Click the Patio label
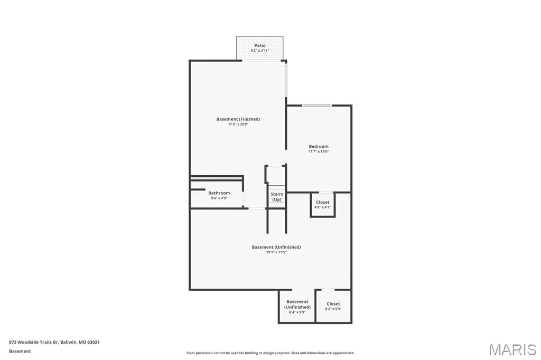[x=260, y=45]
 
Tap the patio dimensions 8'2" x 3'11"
[x=260, y=51]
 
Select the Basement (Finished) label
[x=238, y=119]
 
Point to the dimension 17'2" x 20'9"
[x=238, y=124]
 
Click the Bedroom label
[x=319, y=146]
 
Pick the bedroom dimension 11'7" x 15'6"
[x=319, y=151]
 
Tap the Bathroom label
[x=219, y=193]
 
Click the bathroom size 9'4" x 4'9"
[x=219, y=198]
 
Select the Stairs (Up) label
[x=277, y=197]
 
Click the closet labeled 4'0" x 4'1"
[x=323, y=204]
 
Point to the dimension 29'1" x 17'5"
[x=276, y=252]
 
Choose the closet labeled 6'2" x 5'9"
[x=333, y=306]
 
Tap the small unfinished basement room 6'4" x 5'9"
[x=297, y=306]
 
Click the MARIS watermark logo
[x=512, y=349]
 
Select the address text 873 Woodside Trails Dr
[x=34, y=343]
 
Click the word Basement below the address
[x=20, y=352]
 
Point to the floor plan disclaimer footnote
[x=270, y=353]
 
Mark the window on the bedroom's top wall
[x=317, y=105]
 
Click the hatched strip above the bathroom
[x=216, y=178]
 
